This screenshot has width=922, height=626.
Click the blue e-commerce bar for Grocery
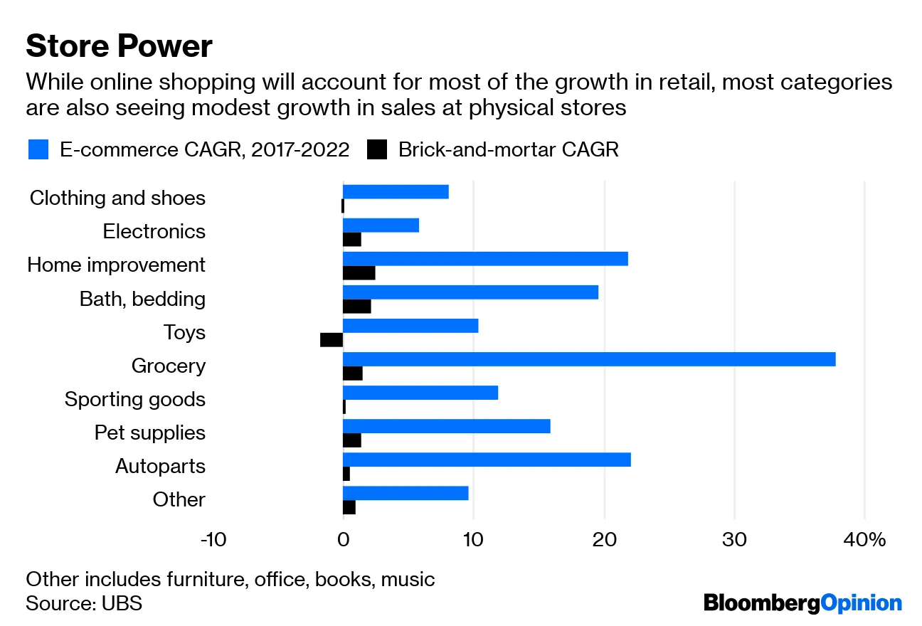point(589,359)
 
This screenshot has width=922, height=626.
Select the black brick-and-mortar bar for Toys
point(332,340)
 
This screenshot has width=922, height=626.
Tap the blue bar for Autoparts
point(487,460)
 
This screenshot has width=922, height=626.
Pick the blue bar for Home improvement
point(485,259)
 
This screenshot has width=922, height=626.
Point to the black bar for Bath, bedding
point(357,307)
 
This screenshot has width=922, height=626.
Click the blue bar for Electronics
point(381,225)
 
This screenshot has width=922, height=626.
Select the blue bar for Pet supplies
point(446,426)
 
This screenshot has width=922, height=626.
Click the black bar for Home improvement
point(359,273)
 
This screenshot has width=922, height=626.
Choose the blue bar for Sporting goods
point(420,393)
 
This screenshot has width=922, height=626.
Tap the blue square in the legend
point(38,149)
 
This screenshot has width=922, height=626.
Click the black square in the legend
point(377,149)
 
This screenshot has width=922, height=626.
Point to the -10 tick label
point(213,540)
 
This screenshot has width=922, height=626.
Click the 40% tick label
point(865,540)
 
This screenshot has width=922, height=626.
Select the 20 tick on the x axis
point(604,540)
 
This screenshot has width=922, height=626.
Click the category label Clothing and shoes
point(117,198)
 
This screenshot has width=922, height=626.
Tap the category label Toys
point(184,332)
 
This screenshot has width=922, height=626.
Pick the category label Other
point(179,499)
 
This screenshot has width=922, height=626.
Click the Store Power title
point(119,46)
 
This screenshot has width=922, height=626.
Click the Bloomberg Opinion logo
point(802,603)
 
